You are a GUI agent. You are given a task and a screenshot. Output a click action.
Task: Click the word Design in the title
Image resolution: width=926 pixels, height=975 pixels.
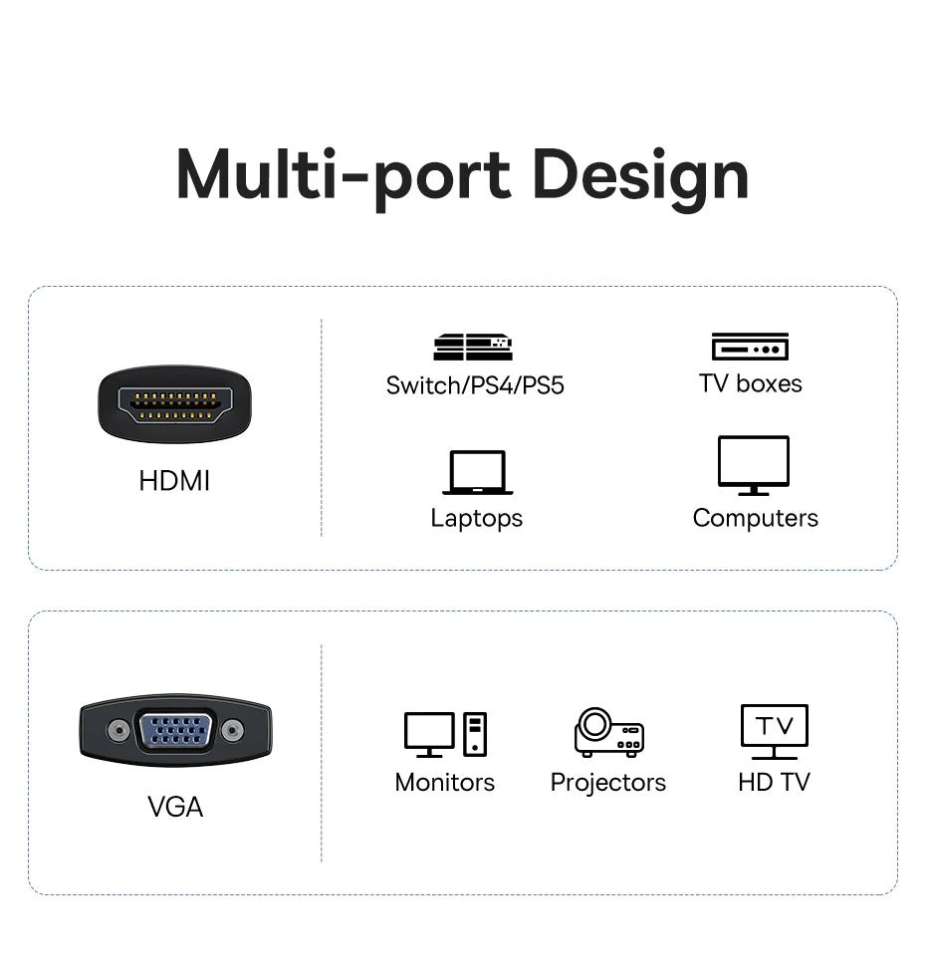tap(640, 175)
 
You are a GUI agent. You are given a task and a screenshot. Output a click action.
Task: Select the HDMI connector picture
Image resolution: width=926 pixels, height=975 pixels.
tap(175, 403)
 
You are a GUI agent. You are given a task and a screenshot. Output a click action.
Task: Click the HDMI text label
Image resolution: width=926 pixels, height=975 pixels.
tap(175, 481)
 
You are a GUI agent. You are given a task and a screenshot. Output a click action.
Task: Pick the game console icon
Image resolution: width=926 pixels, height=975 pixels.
tap(473, 347)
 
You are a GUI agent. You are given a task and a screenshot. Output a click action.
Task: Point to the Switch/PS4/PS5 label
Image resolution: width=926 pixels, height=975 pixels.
tap(475, 384)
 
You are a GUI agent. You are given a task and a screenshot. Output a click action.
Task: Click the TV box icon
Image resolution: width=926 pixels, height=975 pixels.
tap(750, 347)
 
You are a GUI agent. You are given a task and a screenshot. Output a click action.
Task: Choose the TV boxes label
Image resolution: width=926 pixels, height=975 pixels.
tap(750, 383)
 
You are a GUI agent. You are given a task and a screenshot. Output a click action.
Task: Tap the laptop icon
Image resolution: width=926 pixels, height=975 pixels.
tap(478, 472)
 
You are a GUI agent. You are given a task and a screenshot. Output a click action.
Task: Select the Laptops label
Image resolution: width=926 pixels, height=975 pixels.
tap(476, 518)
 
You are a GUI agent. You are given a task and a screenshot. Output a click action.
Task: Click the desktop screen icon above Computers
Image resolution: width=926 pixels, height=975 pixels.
tap(754, 464)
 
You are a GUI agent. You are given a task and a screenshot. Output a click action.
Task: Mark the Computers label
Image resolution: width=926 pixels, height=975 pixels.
tap(755, 518)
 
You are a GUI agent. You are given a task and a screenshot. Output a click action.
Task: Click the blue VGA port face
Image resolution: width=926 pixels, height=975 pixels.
tap(175, 731)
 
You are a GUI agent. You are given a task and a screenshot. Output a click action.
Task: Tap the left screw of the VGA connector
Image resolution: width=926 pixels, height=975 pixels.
tap(118, 730)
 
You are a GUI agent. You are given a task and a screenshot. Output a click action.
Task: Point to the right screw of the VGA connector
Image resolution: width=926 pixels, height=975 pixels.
tap(233, 730)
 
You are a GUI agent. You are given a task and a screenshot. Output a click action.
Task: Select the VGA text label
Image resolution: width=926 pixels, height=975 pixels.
tap(175, 807)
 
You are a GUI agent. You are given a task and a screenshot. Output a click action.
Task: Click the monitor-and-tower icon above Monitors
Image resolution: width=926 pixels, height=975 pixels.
tap(445, 734)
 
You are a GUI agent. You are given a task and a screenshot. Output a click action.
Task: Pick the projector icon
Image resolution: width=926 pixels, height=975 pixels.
tap(608, 732)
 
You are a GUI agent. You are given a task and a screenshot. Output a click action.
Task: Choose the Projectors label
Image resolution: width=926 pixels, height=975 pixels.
tap(608, 783)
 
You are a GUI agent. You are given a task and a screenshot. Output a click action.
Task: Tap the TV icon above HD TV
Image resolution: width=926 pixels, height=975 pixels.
tap(774, 731)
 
